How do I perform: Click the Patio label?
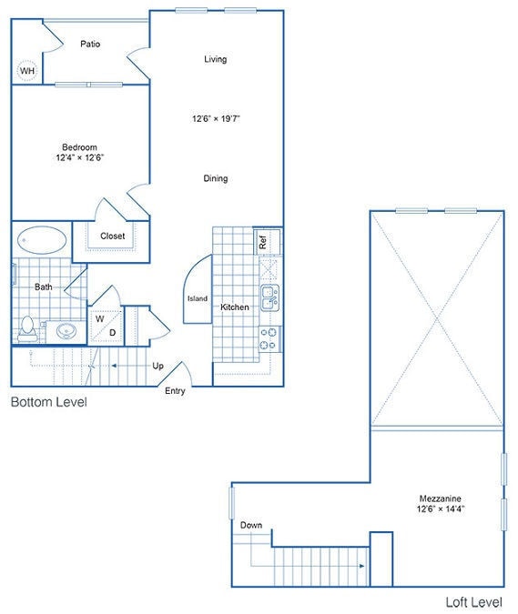click(x=89, y=44)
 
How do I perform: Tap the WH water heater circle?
click(x=28, y=71)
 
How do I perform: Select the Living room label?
click(x=215, y=60)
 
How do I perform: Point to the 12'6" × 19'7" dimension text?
click(x=216, y=118)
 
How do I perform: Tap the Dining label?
click(x=215, y=178)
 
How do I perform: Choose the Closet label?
click(x=113, y=237)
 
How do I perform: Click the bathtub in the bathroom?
click(x=42, y=241)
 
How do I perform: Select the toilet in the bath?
click(x=28, y=327)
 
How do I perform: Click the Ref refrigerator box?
click(x=263, y=242)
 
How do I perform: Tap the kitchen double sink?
click(x=270, y=297)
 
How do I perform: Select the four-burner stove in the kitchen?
click(x=269, y=339)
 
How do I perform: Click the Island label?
click(x=197, y=298)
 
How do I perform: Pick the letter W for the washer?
click(x=98, y=319)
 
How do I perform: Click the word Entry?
click(x=176, y=391)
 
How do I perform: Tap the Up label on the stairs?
click(x=157, y=366)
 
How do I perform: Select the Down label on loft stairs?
click(x=251, y=526)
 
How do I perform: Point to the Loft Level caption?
click(x=475, y=602)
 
